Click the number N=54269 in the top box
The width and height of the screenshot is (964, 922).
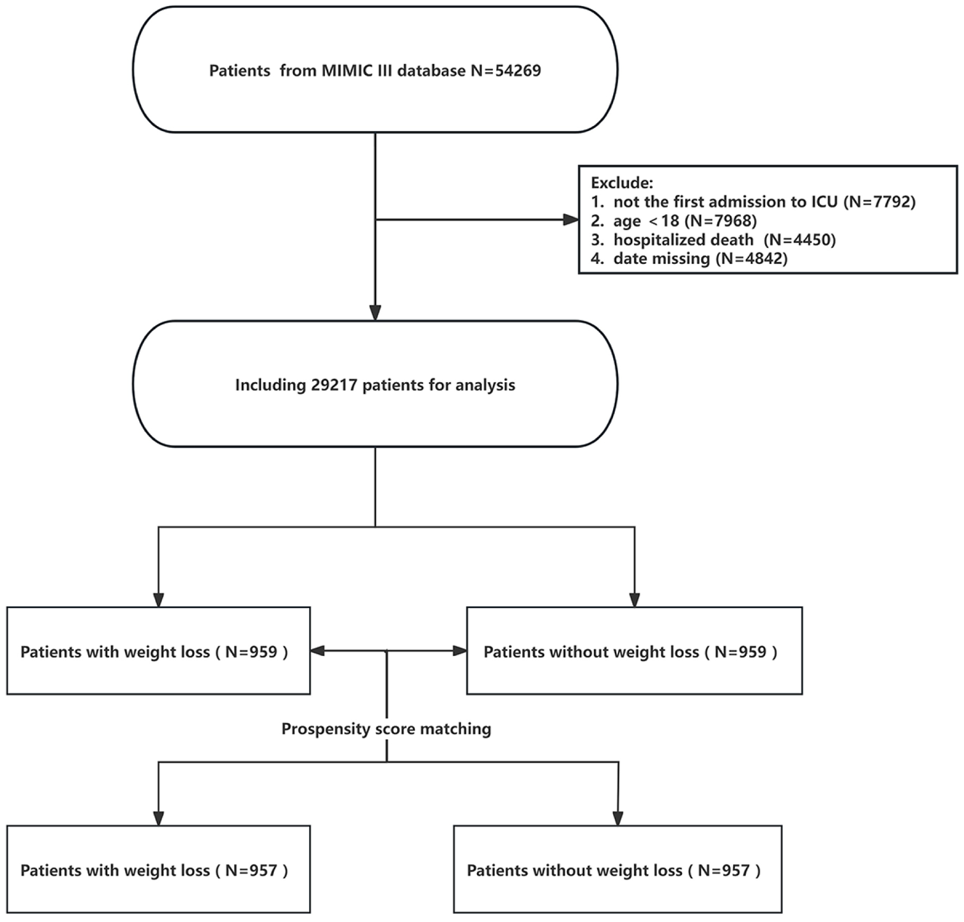coord(506,71)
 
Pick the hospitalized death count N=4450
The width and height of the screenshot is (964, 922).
coord(800,240)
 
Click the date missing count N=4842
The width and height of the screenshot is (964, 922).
coord(752,258)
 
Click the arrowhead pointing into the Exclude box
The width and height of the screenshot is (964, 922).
coord(571,220)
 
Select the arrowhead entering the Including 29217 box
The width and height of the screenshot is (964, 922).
coord(375,313)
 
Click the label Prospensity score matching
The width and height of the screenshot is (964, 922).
coord(386,729)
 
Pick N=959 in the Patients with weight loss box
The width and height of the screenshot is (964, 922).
coord(251,652)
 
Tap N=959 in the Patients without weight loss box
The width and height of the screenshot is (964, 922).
coord(740,652)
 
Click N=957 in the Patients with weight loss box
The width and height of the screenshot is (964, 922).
coord(251,870)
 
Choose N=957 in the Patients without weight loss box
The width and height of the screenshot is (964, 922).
coord(724,870)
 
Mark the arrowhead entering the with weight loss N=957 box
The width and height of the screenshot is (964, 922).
coord(158,818)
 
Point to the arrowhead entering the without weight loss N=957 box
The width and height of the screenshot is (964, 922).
coord(617,818)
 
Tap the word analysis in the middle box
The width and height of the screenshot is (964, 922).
coord(485,385)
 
